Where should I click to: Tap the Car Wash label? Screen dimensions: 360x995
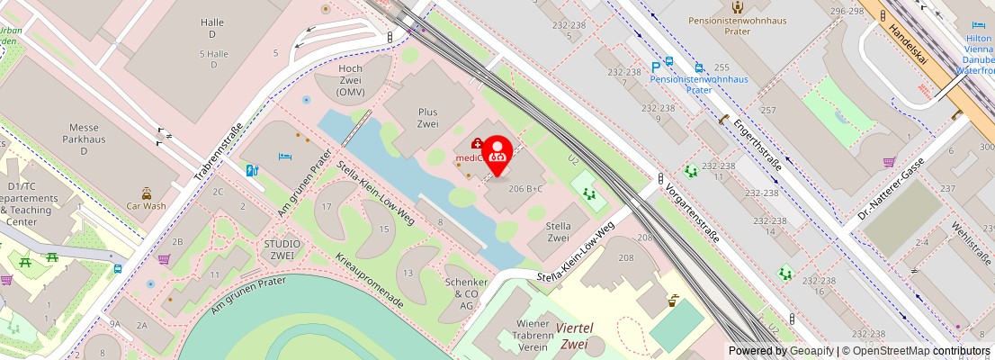coord(146,205)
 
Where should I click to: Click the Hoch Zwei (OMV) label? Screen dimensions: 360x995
coord(350,80)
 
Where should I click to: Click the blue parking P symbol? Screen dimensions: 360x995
coord(655,66)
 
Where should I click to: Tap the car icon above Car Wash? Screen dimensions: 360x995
coord(146,192)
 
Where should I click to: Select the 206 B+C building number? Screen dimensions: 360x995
coord(525,189)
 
